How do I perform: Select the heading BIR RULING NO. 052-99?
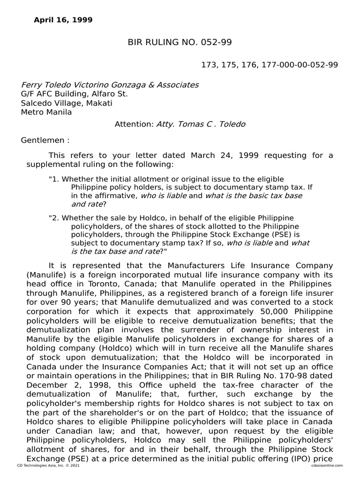pyautogui.click(x=180, y=43)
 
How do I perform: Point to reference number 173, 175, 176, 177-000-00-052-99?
pyautogui.click(x=269, y=65)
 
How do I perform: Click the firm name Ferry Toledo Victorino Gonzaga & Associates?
pyautogui.click(x=110, y=85)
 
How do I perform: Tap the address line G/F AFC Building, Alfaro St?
pyautogui.click(x=75, y=94)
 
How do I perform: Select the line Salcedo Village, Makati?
pyautogui.click(x=67, y=103)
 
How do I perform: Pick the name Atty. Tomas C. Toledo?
pyautogui.click(x=201, y=124)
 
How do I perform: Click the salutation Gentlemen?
pyautogui.click(x=45, y=140)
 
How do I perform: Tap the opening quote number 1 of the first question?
pyautogui.click(x=53, y=179)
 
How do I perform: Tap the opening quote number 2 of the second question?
pyautogui.click(x=53, y=218)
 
